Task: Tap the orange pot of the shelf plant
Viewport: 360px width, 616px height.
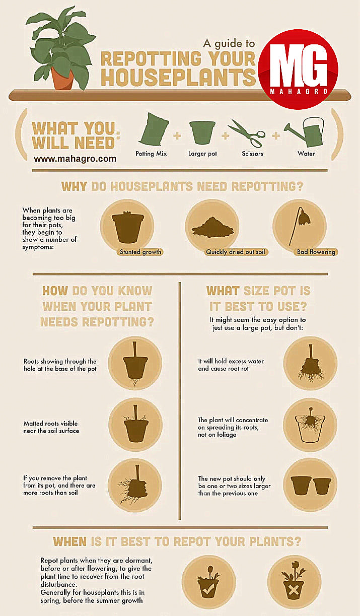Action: click(x=62, y=78)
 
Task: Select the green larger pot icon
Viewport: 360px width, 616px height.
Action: click(x=202, y=132)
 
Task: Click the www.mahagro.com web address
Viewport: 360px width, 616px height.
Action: click(x=75, y=159)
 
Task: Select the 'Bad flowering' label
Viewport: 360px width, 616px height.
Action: click(x=316, y=252)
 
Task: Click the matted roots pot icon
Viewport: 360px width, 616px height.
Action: click(x=134, y=425)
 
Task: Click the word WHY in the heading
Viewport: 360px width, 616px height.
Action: click(x=75, y=186)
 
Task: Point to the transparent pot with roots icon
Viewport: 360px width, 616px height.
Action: click(x=311, y=425)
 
